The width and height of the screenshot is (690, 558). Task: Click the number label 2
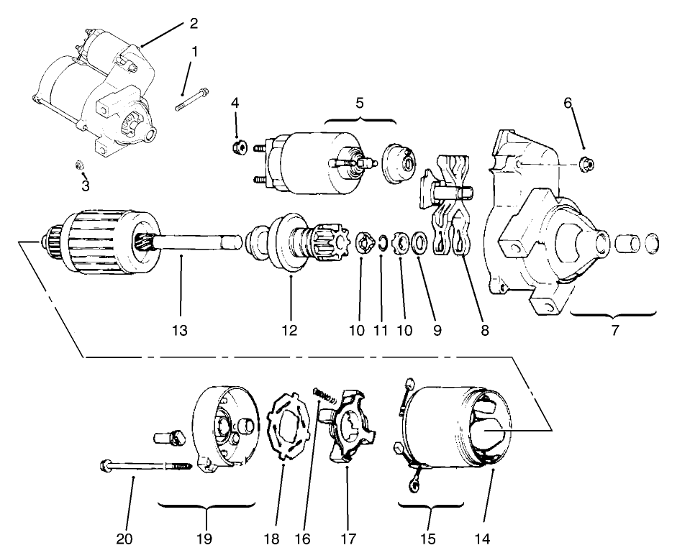(193, 23)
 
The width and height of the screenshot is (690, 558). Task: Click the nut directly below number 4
(238, 147)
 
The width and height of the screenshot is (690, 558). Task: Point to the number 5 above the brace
(359, 103)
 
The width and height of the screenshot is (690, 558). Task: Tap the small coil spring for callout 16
(326, 395)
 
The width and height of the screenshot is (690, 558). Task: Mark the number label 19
(205, 538)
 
